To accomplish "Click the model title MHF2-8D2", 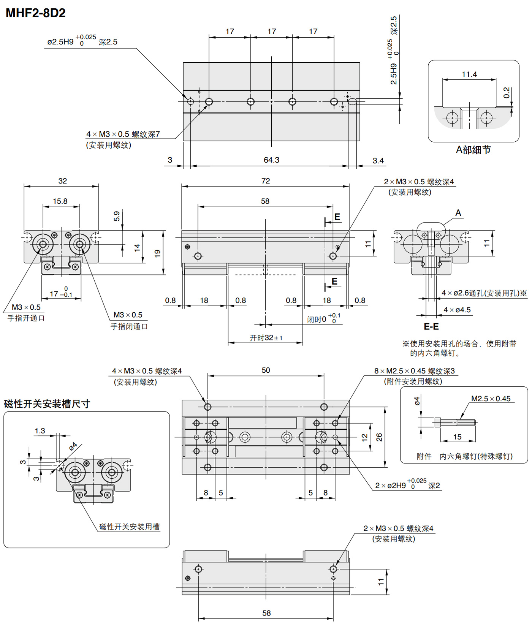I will [36, 13].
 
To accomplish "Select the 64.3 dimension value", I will [271, 160].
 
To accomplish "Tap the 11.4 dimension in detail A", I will [469, 74].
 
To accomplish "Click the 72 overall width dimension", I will [266, 181].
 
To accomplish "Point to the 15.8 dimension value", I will [60, 201].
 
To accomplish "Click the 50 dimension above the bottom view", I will [266, 370].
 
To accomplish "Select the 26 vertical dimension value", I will [379, 437].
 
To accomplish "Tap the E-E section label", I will [431, 326].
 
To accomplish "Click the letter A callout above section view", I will [458, 213].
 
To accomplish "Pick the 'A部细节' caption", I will [473, 150].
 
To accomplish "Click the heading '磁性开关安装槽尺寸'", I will [47, 403].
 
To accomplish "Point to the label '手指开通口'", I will [26, 318].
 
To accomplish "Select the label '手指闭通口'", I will [129, 326].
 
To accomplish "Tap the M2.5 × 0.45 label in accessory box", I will [491, 399].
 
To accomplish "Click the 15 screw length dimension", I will [458, 437].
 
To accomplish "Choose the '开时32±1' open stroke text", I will [266, 338].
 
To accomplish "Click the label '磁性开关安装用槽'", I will [130, 527].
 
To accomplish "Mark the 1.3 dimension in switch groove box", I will [40, 431].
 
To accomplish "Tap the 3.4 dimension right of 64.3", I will [378, 161].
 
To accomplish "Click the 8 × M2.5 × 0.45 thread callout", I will [415, 371].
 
